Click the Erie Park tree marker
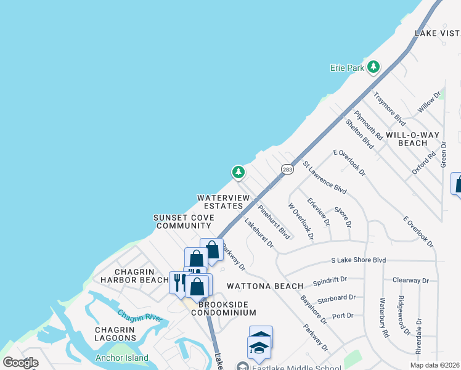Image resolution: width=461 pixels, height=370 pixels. pos(373,67)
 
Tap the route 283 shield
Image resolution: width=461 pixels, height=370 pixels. pos(287,169)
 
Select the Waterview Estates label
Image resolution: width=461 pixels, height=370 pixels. pos(223,202)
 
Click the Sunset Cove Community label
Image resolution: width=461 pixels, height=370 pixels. pos(184,222)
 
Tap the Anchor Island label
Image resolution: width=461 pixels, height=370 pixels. pos(121,358)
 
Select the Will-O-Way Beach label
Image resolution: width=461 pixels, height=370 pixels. pos(404,139)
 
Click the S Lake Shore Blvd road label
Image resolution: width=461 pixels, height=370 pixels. pos(358,260)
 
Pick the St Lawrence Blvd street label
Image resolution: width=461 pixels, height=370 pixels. pos(324,177)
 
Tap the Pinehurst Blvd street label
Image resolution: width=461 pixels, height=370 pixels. pos(274,222)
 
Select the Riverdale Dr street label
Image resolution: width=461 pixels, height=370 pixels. pos(418,335)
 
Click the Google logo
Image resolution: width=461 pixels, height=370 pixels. pos(21,363)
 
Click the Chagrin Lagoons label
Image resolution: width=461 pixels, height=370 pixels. pos(115,334)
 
